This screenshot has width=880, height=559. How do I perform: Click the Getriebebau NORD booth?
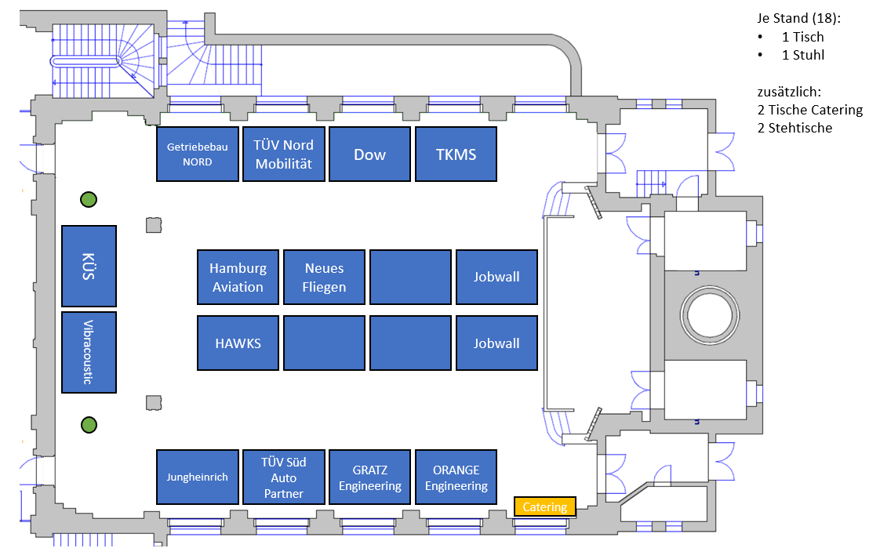point(197,154)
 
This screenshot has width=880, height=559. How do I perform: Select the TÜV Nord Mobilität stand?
point(283,154)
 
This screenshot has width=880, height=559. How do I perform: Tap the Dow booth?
point(369,154)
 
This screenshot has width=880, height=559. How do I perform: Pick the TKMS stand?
point(456,154)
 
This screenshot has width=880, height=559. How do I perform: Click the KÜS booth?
point(89,266)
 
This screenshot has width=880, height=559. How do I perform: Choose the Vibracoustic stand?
point(89,352)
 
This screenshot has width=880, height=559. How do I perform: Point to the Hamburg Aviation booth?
point(238,277)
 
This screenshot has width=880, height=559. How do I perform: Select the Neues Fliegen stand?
point(324,277)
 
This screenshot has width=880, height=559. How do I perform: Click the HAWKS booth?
point(238,343)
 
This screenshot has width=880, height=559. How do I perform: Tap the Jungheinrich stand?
point(197,476)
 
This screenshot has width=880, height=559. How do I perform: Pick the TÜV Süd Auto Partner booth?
point(283,476)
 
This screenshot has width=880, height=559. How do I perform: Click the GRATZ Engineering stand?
point(369,476)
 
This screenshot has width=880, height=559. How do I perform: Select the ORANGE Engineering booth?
point(456,476)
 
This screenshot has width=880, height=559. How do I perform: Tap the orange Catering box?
point(545,506)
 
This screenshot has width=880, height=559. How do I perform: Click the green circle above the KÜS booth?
point(89,200)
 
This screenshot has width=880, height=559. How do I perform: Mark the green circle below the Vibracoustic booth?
point(89,425)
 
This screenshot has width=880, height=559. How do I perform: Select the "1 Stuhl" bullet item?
point(802,55)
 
